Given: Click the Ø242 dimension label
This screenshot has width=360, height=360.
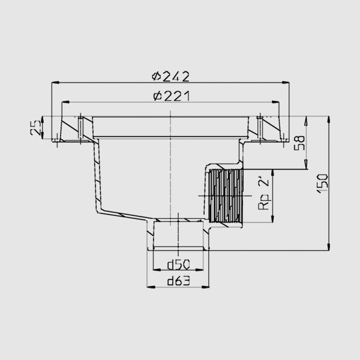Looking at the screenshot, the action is [170, 76].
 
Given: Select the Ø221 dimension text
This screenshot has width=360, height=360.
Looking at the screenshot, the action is [172, 96].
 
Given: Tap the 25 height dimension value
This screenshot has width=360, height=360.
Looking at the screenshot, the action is [36, 128].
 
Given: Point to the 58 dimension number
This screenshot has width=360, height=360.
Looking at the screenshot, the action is [299, 143].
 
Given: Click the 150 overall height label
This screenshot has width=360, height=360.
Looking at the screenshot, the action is [322, 184].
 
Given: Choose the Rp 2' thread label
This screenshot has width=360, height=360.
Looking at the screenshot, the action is [263, 193].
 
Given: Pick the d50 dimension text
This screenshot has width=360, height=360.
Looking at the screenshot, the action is [179, 265].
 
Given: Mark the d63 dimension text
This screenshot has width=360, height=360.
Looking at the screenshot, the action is [179, 281].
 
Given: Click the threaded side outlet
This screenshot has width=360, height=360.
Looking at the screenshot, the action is [225, 196].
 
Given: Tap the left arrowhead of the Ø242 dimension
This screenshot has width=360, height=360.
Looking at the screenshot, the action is [56, 82].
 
